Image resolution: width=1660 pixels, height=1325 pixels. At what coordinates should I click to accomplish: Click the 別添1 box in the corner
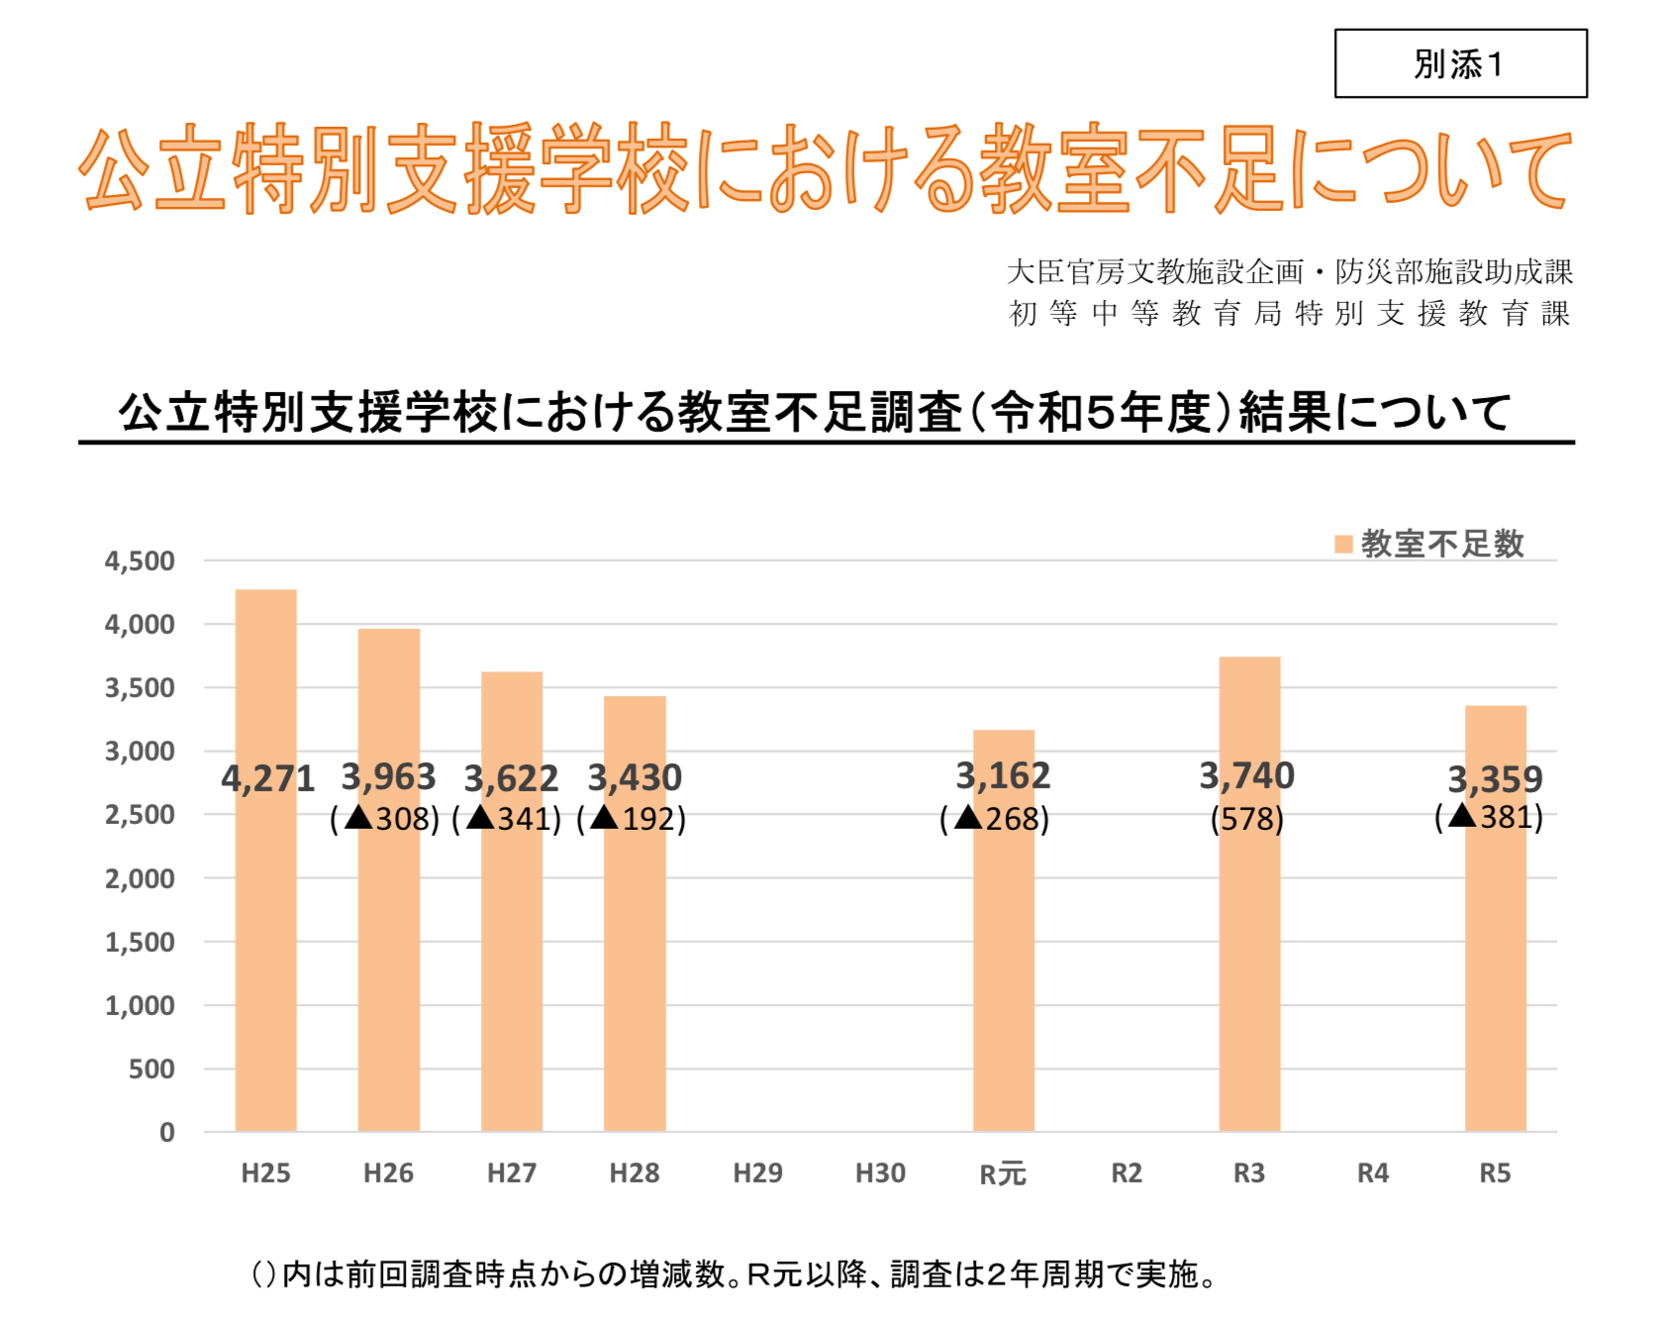[1460, 64]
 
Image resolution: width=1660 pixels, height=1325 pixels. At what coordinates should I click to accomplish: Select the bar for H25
[265, 951]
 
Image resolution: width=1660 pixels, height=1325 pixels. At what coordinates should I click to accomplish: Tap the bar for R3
[1249, 970]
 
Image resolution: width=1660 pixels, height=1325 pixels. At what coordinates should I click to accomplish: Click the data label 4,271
[267, 779]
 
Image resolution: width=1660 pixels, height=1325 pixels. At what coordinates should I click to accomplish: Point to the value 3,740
[1247, 776]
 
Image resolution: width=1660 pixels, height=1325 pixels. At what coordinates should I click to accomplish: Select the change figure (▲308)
[385, 819]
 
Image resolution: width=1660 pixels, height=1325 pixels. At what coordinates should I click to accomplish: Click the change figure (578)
[1247, 819]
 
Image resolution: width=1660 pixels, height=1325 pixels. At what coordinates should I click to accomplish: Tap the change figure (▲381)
[1489, 817]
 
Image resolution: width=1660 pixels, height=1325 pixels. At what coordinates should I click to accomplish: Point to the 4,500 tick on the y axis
[140, 561]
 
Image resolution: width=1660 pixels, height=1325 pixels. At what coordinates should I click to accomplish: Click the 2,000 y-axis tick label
[140, 879]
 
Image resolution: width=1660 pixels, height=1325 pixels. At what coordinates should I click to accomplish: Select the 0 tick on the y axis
[166, 1133]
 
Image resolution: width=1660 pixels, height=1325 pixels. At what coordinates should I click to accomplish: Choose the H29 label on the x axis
[757, 1173]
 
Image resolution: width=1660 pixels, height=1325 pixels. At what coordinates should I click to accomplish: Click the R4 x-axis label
[1372, 1173]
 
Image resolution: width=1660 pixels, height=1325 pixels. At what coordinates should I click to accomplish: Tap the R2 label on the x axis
[1126, 1173]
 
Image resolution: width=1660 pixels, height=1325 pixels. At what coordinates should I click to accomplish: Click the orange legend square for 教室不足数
[1343, 545]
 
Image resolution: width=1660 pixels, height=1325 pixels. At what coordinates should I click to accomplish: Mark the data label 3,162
[1003, 776]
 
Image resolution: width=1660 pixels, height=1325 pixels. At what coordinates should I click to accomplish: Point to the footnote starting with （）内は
[732, 1274]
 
